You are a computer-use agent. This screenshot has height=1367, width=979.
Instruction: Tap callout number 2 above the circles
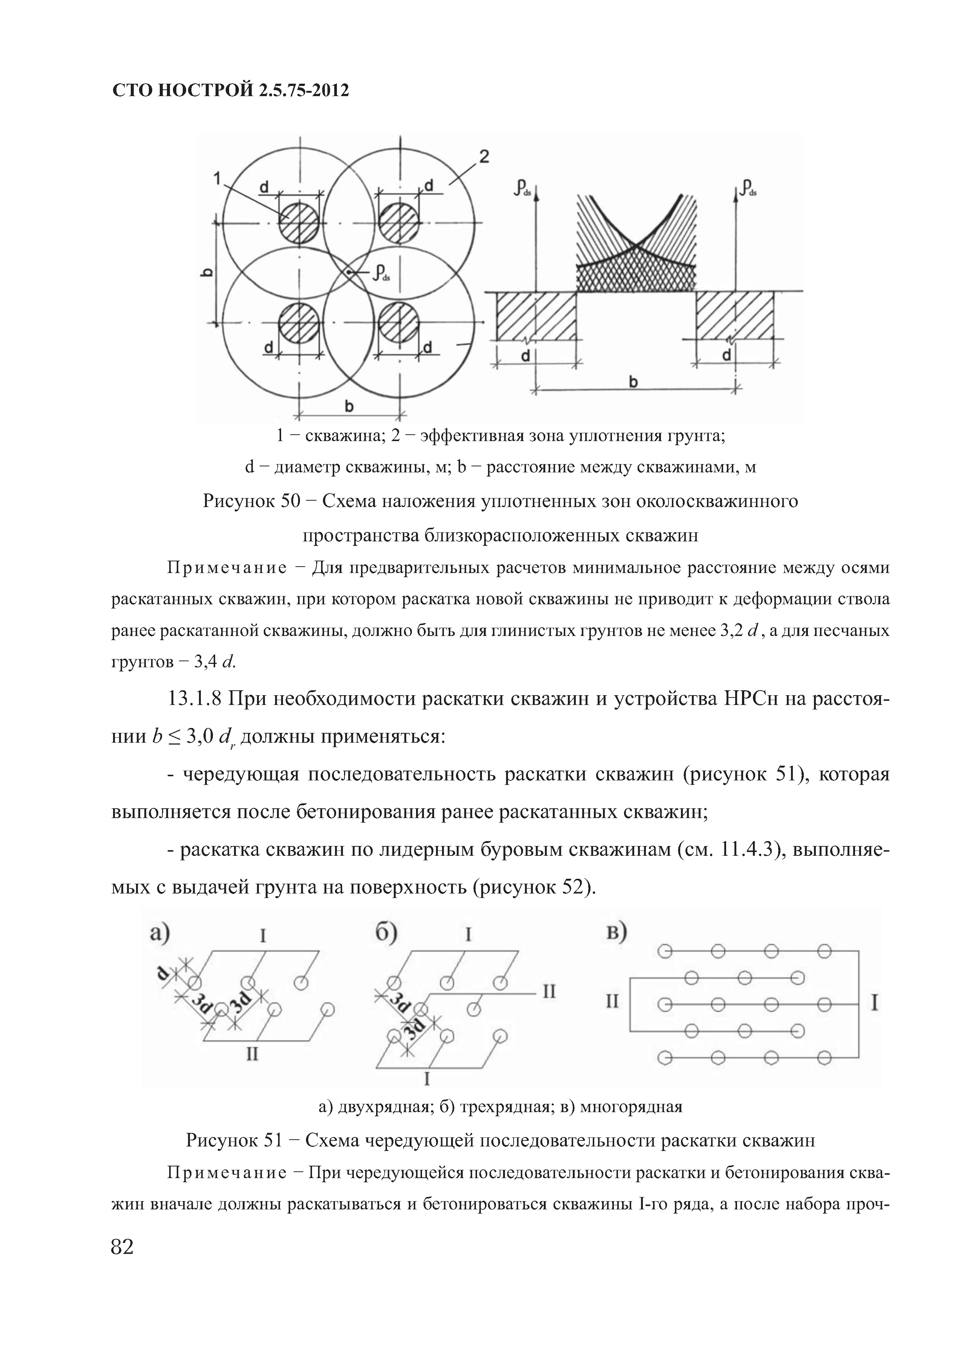point(483,157)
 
